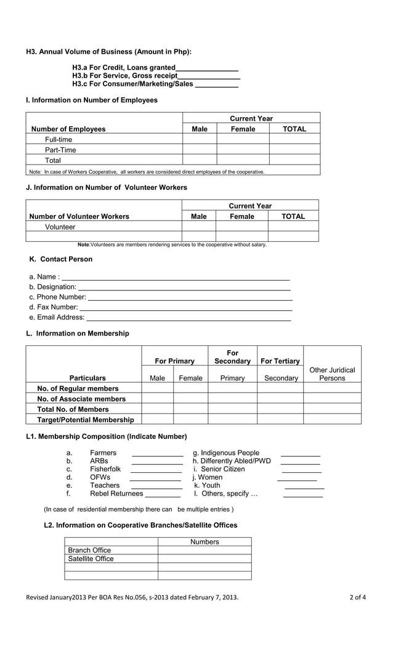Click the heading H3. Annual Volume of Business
tap(108, 52)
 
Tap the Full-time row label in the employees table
tap(59, 139)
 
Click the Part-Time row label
tap(60, 150)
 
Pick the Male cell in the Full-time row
tap(200, 139)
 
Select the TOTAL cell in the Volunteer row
tap(293, 227)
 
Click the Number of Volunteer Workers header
tap(79, 216)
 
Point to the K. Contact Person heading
tap(61, 259)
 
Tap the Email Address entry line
tap(188, 319)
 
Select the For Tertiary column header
tap(280, 361)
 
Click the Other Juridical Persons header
tap(332, 374)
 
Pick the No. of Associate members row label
tap(81, 399)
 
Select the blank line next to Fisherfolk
tap(156, 470)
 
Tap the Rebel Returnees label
tap(116, 493)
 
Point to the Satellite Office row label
tap(91, 559)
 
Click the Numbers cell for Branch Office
tap(205, 550)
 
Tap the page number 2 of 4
tap(357, 597)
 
